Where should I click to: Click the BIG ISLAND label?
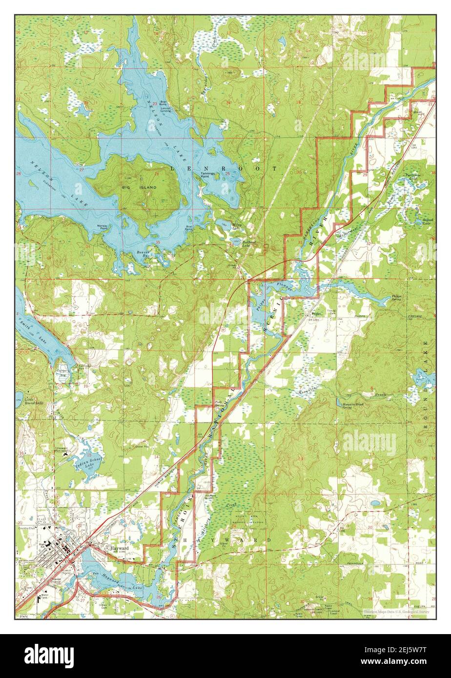tap(146, 187)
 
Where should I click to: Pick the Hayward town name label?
tap(120, 548)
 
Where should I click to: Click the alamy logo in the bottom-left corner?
tap(49, 655)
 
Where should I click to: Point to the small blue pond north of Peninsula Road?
tap(375, 502)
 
